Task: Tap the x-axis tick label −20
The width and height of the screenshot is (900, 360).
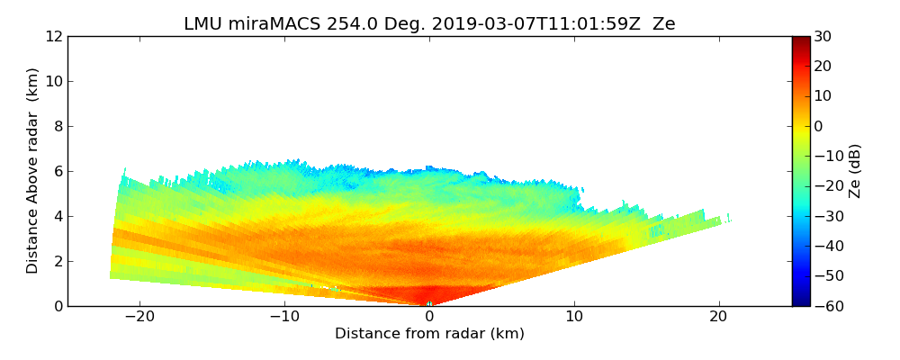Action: (139, 318)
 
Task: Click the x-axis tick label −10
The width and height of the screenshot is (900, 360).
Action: (284, 318)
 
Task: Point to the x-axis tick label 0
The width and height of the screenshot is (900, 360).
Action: (429, 318)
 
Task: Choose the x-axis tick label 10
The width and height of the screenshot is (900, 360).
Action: (574, 318)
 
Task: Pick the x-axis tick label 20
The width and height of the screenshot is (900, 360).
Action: (718, 318)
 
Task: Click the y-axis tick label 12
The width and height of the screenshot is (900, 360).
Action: (53, 37)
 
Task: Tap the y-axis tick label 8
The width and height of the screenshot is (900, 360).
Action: (57, 127)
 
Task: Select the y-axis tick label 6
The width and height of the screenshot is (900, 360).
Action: (57, 172)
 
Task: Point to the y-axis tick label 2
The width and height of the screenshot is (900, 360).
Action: (57, 262)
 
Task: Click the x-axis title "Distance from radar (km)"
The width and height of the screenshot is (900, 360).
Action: (429, 334)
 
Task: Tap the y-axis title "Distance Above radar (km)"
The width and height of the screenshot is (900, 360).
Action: (33, 171)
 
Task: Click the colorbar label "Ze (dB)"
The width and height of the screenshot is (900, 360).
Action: (854, 171)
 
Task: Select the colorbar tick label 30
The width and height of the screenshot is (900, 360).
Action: (823, 37)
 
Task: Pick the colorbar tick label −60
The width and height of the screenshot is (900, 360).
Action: (825, 306)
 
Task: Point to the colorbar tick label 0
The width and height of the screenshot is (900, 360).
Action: (819, 127)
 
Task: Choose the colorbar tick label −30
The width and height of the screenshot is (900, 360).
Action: (825, 216)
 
